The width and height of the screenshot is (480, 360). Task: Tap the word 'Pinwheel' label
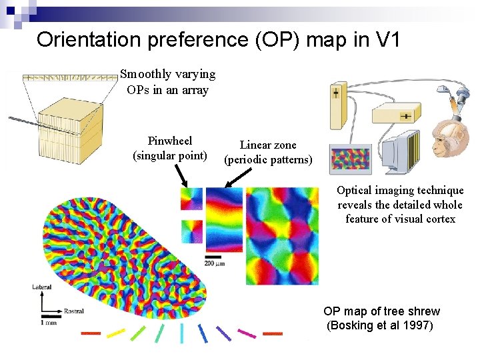(x=170, y=141)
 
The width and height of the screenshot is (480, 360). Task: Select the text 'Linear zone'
(x=268, y=145)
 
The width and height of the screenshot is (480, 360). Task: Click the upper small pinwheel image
(x=191, y=198)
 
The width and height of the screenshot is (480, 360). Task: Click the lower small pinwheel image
(x=191, y=231)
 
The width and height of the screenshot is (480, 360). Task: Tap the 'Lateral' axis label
(x=41, y=287)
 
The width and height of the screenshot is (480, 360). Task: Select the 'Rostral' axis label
(x=73, y=311)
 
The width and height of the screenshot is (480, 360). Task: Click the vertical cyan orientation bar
(x=181, y=333)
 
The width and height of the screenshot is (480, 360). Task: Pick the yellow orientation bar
(x=115, y=332)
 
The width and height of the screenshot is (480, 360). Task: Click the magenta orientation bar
(x=247, y=333)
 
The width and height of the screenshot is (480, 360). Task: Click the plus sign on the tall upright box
(x=336, y=93)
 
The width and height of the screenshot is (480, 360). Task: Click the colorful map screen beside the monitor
(x=352, y=161)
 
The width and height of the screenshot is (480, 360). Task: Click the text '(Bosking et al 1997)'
(x=380, y=326)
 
